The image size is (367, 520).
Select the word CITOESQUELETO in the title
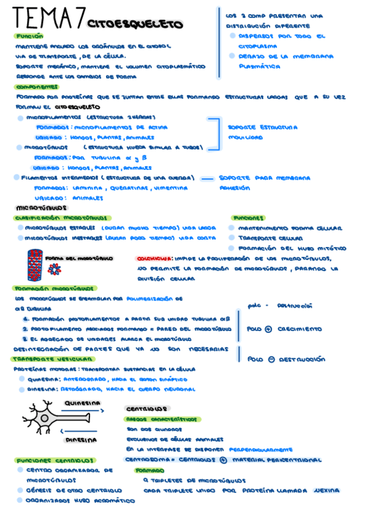point(135,25)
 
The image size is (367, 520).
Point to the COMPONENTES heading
point(37,87)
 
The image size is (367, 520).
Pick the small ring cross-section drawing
point(56,268)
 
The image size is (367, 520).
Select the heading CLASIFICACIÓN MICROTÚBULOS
point(62,218)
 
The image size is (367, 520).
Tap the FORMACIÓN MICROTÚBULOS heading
point(54,288)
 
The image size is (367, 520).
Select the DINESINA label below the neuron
point(81,440)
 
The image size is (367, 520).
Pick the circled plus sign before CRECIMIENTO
point(268,329)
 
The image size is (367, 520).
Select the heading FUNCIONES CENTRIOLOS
point(56,460)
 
